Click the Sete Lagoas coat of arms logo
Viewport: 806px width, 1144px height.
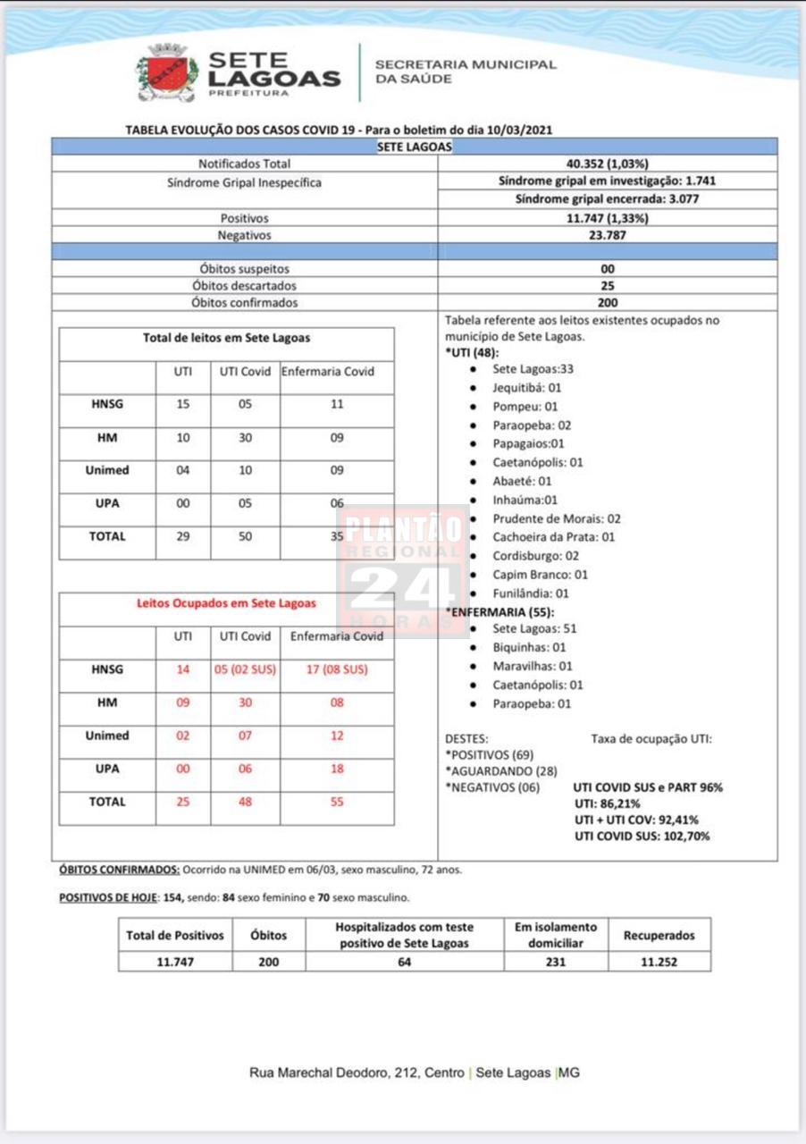(166, 73)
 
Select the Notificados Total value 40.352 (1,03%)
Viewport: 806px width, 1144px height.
(607, 164)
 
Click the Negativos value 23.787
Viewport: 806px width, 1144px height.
(607, 235)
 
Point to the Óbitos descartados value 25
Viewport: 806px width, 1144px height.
(608, 286)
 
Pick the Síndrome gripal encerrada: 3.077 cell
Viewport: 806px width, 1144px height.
(607, 198)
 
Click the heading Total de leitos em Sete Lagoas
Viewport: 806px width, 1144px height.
(227, 338)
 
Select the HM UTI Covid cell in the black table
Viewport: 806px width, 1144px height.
(245, 438)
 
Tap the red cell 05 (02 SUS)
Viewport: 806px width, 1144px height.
(245, 669)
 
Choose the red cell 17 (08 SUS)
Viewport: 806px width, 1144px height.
(336, 669)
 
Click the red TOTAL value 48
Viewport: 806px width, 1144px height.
(245, 802)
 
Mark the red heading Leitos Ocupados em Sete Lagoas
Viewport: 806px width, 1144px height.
(226, 603)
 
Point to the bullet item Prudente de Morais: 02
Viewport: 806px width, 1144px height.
(556, 518)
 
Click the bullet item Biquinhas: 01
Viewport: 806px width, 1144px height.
(529, 647)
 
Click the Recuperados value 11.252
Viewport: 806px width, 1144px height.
(659, 962)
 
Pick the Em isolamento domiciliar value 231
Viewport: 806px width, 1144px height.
(555, 962)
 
